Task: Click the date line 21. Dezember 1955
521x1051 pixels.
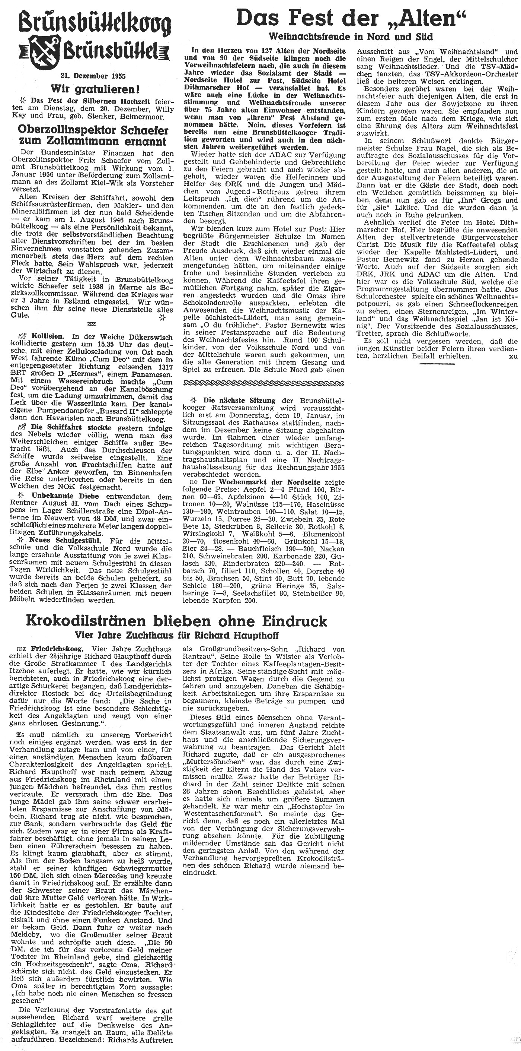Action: coord(94,76)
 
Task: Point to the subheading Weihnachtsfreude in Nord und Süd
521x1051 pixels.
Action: coord(351,37)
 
